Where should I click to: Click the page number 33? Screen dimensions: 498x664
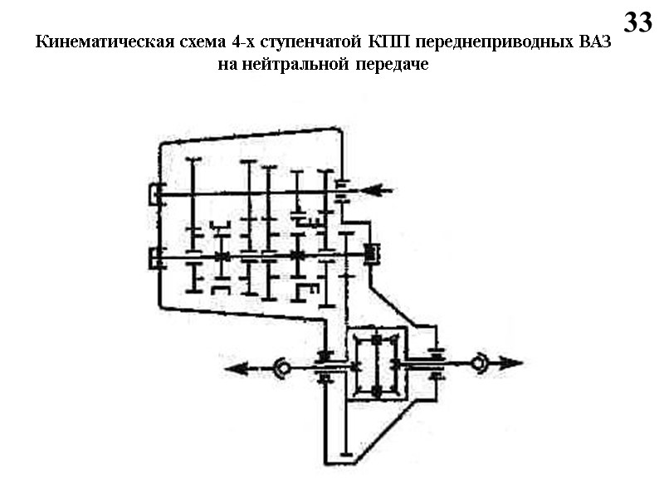(637, 22)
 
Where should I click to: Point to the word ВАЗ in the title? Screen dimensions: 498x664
(593, 42)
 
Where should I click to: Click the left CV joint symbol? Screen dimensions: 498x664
(281, 366)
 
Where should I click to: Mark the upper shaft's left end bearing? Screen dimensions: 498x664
(156, 194)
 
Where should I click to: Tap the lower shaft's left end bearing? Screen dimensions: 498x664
(156, 258)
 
